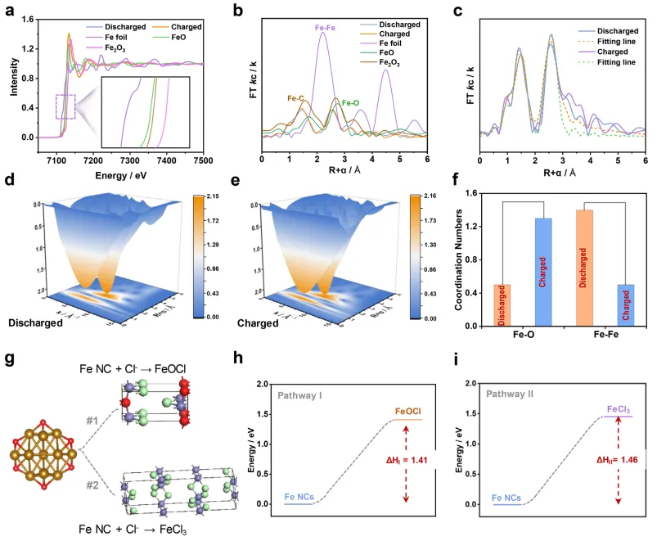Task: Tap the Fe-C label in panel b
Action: pos(297,99)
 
